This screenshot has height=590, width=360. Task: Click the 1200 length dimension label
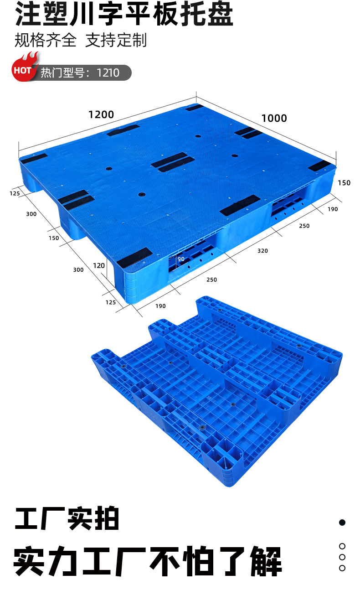[x=101, y=114]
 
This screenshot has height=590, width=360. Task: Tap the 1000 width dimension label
[x=274, y=118]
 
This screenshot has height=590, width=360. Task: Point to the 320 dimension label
[x=262, y=251]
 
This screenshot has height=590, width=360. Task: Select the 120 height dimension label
[x=99, y=265]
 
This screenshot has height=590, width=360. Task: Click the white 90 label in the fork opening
[x=181, y=259]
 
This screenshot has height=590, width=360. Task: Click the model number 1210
[x=108, y=72]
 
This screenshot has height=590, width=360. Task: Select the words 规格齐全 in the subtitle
[x=46, y=40]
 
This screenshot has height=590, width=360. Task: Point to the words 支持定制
[x=116, y=40]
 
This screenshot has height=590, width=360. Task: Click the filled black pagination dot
[x=342, y=523]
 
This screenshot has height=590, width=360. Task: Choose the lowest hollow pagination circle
[x=342, y=568]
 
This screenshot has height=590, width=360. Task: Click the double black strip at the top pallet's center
[x=173, y=162]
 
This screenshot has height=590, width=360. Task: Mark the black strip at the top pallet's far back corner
[x=195, y=108]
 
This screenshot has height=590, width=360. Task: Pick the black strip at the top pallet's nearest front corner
[x=134, y=258]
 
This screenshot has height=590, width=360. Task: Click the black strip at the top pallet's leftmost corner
[x=34, y=159]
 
